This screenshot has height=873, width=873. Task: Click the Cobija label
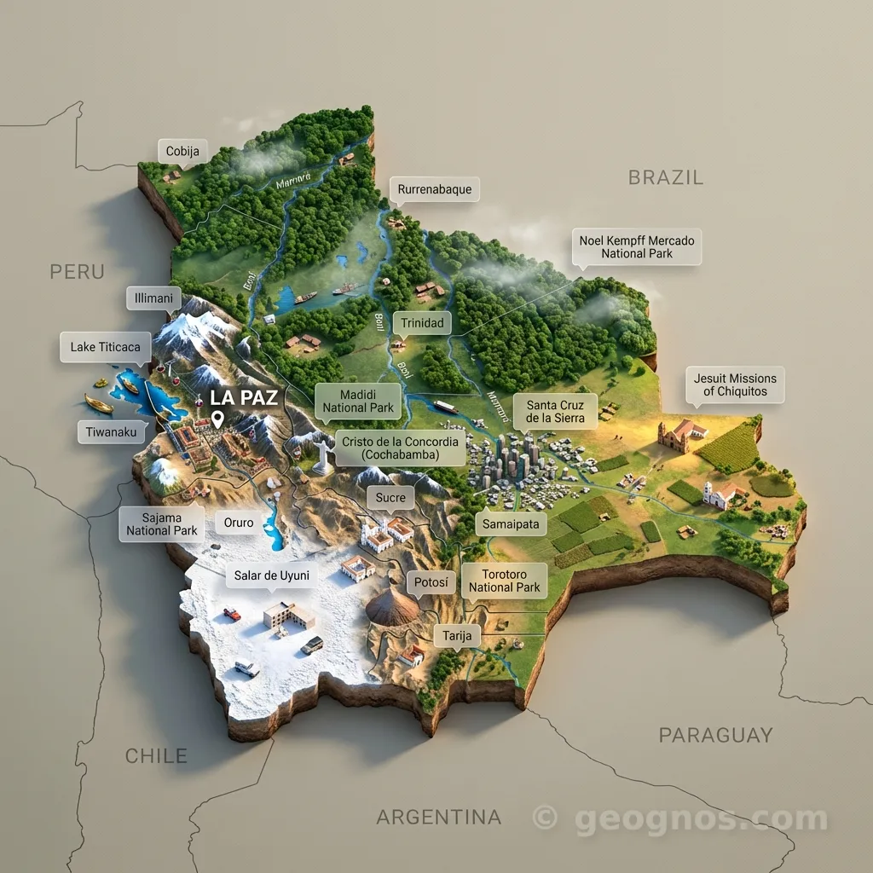(182, 152)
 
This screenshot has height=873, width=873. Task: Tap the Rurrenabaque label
(434, 189)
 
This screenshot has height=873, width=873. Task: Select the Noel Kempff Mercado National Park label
(636, 246)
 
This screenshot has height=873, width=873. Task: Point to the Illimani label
(154, 298)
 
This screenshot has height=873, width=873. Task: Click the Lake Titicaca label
(106, 347)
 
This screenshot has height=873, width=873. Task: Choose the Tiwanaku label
(111, 432)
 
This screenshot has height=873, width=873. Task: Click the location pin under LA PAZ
(218, 419)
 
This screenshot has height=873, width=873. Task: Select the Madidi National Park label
(358, 401)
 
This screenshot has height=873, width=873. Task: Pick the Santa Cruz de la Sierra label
(555, 411)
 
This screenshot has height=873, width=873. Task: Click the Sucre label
(390, 497)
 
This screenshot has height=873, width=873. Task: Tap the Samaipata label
(511, 524)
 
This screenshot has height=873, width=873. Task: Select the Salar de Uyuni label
(271, 576)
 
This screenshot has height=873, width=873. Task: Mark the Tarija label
(457, 636)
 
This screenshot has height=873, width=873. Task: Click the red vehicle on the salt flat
(232, 613)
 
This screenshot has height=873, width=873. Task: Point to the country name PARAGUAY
(715, 735)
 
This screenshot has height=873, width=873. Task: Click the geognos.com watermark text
(700, 819)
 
